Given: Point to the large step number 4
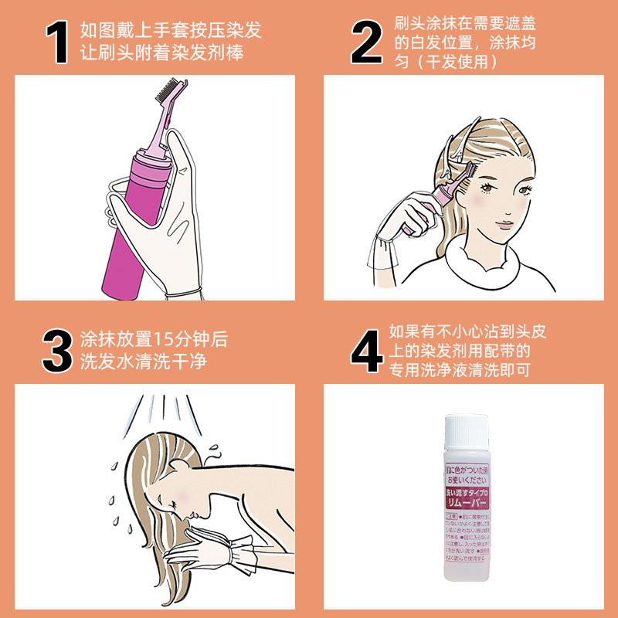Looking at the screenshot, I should click(368, 351).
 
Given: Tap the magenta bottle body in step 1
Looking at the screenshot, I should click(127, 232).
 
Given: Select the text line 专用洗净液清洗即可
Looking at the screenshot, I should click(460, 370).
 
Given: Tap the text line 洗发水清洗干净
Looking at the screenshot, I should click(144, 362).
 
